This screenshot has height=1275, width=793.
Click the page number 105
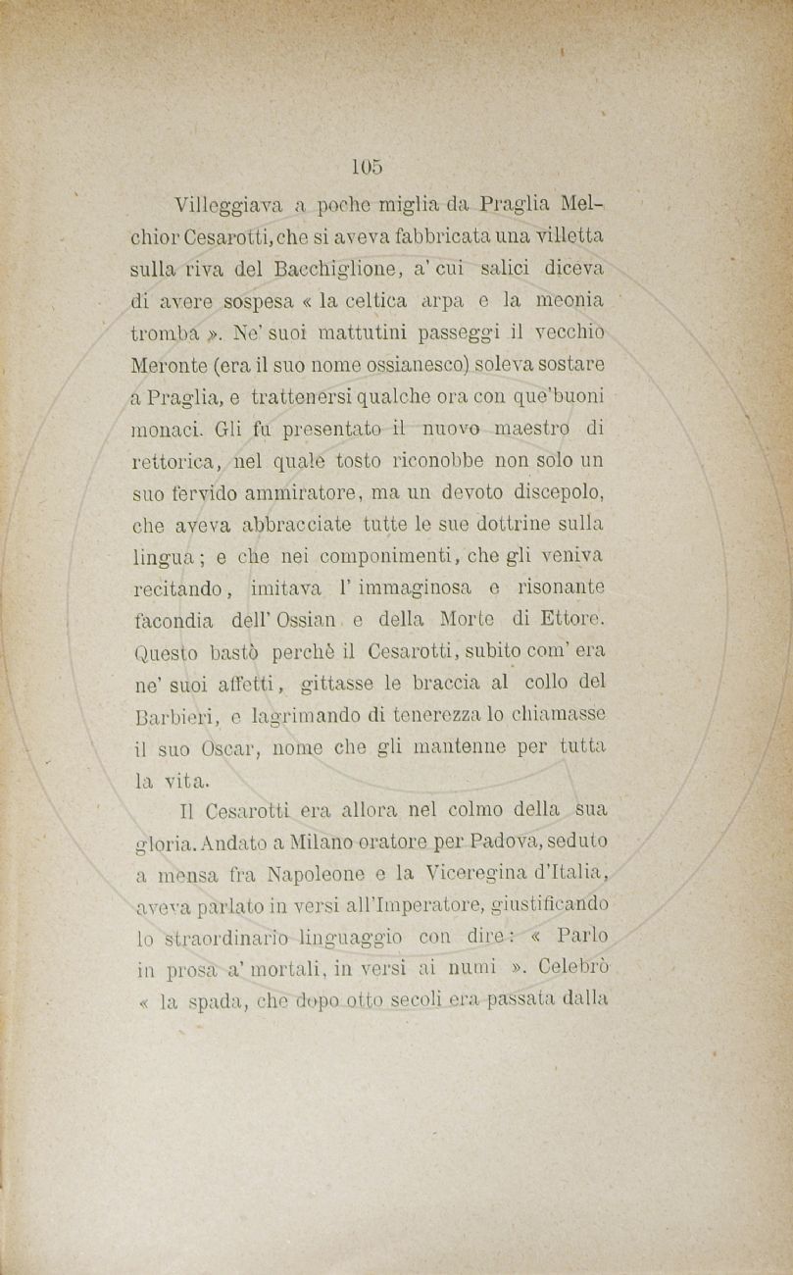point(368,167)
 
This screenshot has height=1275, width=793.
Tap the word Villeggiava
point(228,206)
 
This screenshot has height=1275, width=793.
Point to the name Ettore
point(576,619)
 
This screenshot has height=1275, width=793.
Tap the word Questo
point(165,652)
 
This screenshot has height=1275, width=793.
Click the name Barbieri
point(172,716)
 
